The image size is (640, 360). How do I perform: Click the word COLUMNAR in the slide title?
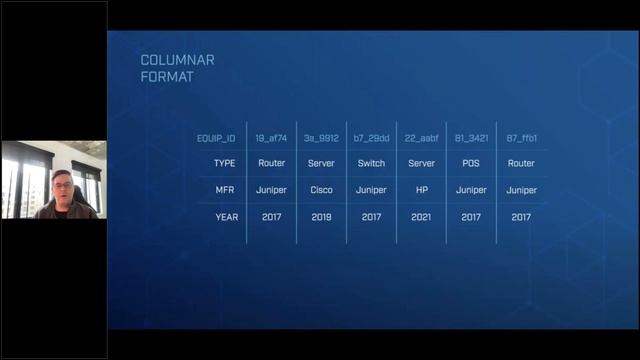click(x=177, y=60)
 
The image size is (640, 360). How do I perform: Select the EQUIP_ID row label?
click(x=217, y=138)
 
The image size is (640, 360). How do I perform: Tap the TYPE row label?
click(x=226, y=163)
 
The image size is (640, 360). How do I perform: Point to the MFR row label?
click(x=226, y=190)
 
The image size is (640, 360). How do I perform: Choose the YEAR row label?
click(x=226, y=217)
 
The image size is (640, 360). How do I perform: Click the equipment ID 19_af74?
click(x=272, y=138)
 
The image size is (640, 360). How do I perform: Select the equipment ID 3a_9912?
click(x=321, y=138)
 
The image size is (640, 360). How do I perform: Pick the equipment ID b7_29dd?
click(x=371, y=138)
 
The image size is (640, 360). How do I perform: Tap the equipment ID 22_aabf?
click(x=421, y=138)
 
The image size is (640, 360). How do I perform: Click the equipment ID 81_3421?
click(x=471, y=138)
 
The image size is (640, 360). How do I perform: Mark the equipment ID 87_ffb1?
click(x=521, y=138)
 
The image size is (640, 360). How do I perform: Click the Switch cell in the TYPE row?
click(x=371, y=163)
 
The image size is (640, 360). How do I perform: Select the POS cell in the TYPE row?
click(x=471, y=163)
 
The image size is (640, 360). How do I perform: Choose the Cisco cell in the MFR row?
click(x=321, y=190)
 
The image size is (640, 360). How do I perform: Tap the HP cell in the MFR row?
click(x=421, y=190)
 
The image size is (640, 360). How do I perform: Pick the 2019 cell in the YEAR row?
click(x=321, y=217)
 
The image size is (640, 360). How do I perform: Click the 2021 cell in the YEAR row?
click(x=421, y=217)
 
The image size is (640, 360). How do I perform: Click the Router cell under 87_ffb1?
click(x=521, y=163)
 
